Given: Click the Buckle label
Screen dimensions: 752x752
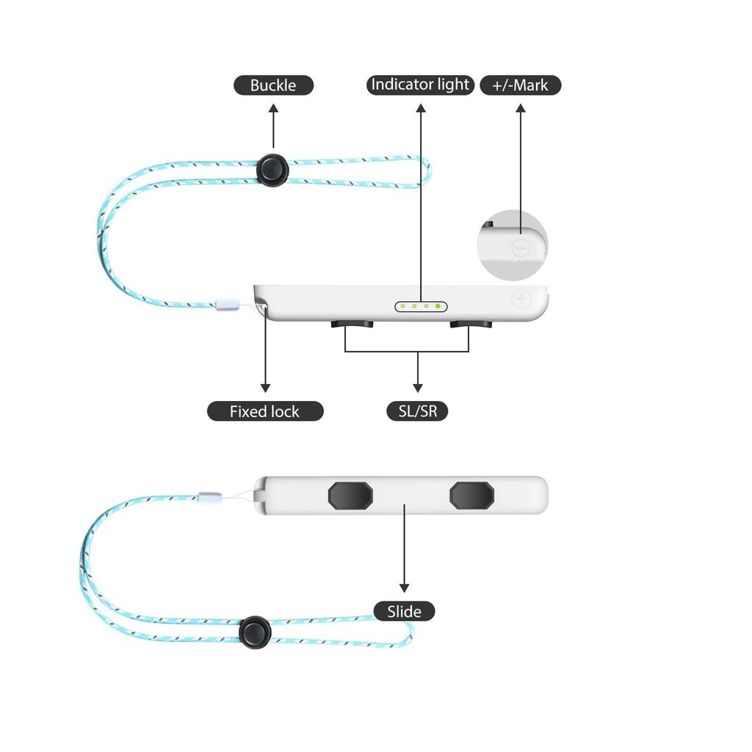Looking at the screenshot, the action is coord(273,85).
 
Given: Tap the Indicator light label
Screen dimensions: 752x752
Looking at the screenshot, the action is coord(420,85).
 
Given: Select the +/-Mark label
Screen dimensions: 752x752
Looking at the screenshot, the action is coord(521,85).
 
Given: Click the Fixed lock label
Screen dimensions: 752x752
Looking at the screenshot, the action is coord(265,411).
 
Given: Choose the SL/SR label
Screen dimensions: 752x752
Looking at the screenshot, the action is coord(417,411).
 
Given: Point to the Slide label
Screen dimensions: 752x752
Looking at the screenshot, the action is coord(405,612).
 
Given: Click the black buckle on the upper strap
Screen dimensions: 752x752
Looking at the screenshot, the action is coord(272,170).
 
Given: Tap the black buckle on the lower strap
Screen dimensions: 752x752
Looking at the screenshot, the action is coord(255,632).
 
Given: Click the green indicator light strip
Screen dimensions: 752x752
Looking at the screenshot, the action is coord(421,306).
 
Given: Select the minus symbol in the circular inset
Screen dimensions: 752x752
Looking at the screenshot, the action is coord(521,248).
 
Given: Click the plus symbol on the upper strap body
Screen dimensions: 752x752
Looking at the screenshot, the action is coord(521,299).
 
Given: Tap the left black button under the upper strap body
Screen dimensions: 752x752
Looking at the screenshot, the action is coord(352,324).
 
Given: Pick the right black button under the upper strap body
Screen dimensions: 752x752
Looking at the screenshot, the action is coord(471,324).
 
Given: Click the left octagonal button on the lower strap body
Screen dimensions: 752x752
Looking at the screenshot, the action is coord(350,496).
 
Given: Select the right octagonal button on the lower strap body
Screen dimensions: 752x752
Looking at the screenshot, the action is coord(472,496).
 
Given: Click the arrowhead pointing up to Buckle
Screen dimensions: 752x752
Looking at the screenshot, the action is coord(273,109).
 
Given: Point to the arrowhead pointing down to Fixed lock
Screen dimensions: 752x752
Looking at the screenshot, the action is coord(265,388).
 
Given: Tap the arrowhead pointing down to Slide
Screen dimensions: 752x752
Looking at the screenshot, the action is coord(405,588).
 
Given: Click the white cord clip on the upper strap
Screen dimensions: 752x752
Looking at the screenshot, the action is coord(227,304).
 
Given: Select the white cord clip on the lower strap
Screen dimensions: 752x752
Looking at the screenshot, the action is coord(210,497).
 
